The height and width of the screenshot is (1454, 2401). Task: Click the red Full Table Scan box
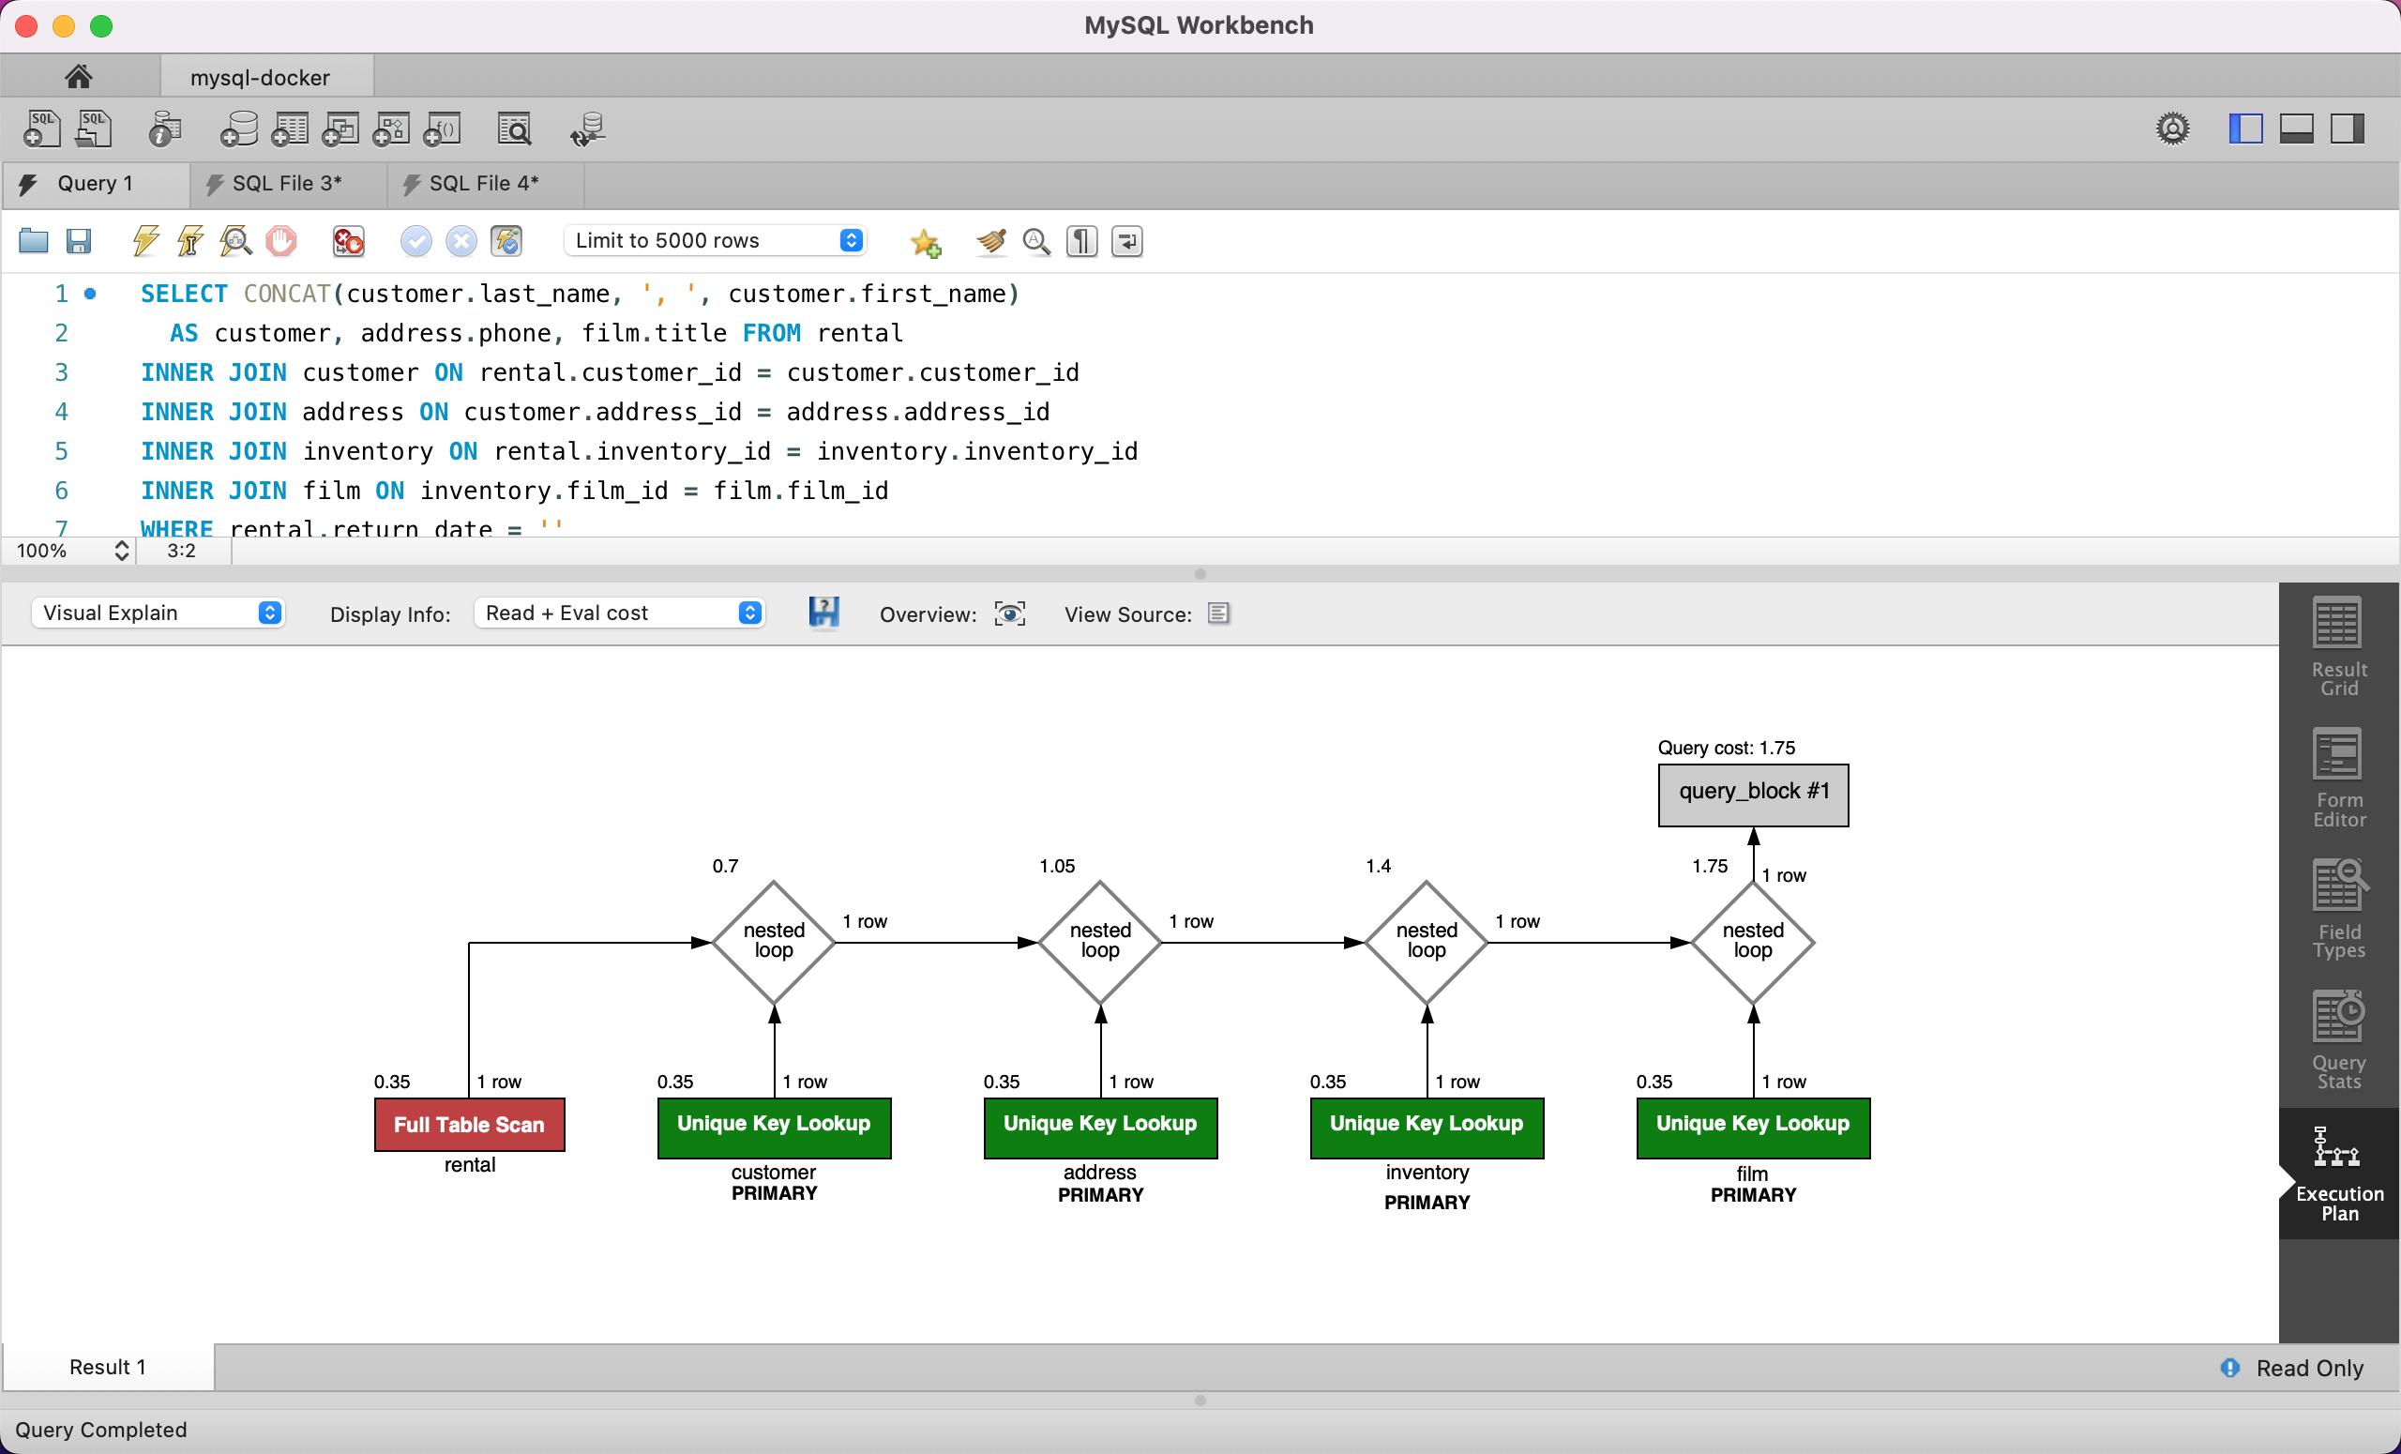[469, 1124]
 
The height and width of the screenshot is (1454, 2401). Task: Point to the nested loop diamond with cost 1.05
[1100, 942]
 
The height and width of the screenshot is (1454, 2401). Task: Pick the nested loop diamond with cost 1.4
[1426, 942]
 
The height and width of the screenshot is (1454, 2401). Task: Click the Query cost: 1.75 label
[1726, 748]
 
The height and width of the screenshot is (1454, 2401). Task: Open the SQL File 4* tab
[483, 184]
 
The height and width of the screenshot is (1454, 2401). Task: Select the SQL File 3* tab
[286, 184]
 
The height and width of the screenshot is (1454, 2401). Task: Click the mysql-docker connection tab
[259, 77]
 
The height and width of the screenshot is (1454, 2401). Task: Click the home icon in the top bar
[78, 76]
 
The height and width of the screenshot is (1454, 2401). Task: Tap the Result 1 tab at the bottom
[107, 1367]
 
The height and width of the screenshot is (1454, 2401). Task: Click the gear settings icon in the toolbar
[2172, 129]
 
